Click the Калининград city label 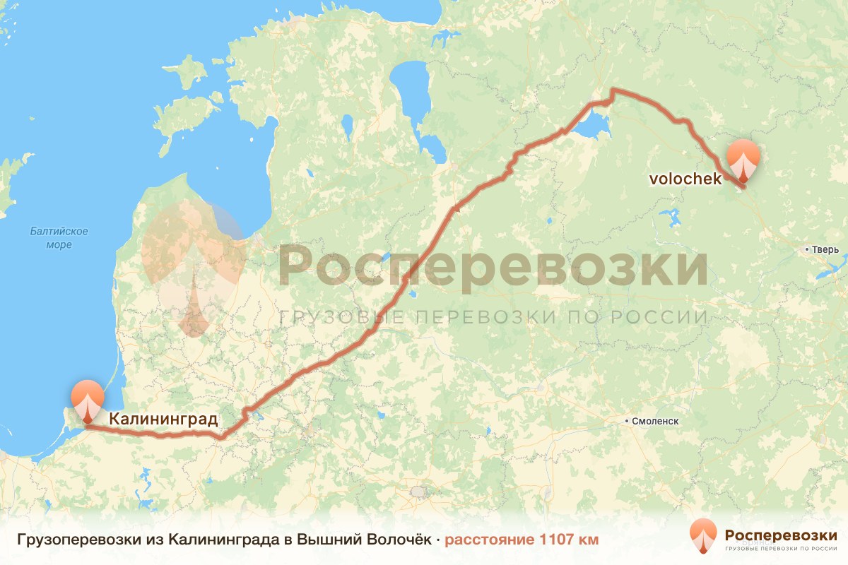tap(163, 420)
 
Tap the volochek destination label tap(685, 179)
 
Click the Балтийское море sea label tap(59, 238)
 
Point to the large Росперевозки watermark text tap(492, 267)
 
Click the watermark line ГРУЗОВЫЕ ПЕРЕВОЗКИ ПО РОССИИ tap(492, 317)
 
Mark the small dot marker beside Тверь tap(806, 249)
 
